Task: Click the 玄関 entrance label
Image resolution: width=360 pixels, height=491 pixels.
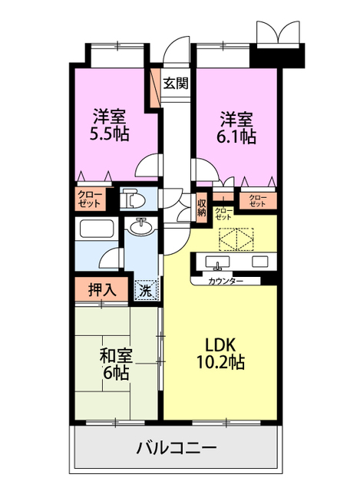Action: [x=176, y=84]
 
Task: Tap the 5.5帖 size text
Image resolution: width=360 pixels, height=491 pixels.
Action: [x=109, y=134]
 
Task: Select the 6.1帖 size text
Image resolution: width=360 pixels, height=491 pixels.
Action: [x=236, y=137]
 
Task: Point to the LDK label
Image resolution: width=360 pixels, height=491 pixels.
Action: [x=220, y=345]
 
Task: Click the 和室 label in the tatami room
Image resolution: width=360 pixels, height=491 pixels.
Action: [x=116, y=356]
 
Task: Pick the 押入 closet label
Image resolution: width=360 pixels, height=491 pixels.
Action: [x=102, y=290]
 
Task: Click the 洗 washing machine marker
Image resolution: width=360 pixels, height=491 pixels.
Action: [x=145, y=292]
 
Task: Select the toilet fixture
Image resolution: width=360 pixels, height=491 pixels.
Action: [x=133, y=199]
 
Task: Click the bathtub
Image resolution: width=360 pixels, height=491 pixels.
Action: [x=97, y=229]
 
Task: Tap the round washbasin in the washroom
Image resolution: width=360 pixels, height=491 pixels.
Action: [x=140, y=227]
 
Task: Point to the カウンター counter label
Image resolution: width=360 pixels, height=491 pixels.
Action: [x=225, y=281]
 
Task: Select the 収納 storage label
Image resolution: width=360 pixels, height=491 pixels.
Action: [x=201, y=207]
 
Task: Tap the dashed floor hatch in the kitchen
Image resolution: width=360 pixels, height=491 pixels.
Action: [x=236, y=239]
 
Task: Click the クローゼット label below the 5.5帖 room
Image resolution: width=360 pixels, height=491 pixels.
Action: [x=90, y=199]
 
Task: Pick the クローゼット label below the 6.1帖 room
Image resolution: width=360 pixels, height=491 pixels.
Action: [x=258, y=201]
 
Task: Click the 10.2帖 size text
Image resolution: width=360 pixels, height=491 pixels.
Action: [x=220, y=361]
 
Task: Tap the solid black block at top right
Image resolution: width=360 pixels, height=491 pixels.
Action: [x=278, y=55]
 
